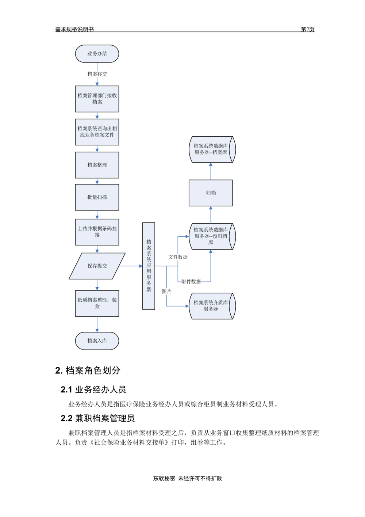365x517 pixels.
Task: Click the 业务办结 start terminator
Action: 97,54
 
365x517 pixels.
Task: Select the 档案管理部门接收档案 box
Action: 97,99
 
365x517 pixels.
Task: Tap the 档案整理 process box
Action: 97,165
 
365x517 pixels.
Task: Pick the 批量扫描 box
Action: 97,197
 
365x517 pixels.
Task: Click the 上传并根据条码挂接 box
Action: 97,232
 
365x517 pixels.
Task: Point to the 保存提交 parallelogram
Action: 97,266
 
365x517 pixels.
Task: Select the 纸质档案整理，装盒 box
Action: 97,304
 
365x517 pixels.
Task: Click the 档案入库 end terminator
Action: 97,341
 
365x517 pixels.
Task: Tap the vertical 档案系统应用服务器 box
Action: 149,266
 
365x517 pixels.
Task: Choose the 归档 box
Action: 211,193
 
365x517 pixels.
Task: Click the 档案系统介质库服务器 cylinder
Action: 212,306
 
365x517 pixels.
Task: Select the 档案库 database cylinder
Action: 212,149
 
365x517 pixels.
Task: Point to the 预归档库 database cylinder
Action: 212,236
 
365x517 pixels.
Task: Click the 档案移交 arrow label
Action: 97,74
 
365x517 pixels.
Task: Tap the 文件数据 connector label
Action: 178,257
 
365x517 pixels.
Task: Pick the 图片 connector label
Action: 166,292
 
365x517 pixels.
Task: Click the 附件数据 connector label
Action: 191,282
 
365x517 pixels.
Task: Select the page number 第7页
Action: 307,29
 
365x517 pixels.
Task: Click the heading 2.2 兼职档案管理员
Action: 97,418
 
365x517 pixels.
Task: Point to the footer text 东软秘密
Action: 164,479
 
